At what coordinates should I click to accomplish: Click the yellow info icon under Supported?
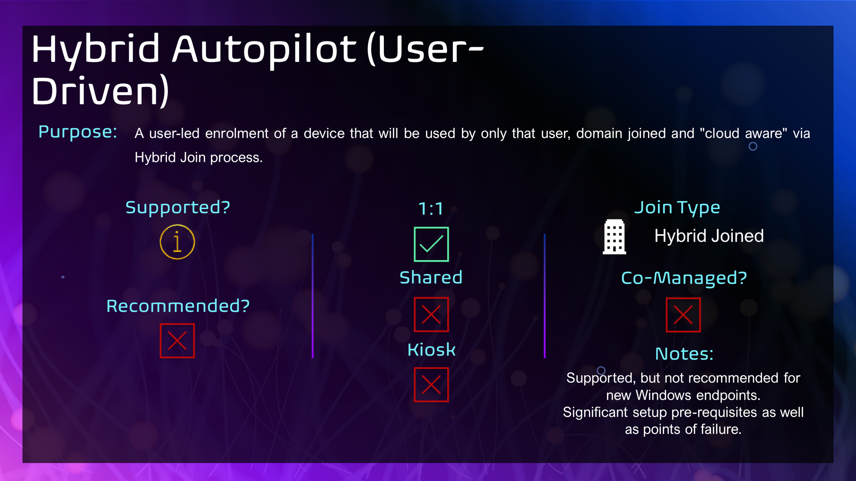(177, 242)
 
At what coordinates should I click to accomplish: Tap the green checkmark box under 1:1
(431, 244)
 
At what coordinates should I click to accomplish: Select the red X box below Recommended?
(177, 341)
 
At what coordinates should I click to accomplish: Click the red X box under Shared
(431, 315)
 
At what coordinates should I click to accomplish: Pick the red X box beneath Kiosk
(431, 385)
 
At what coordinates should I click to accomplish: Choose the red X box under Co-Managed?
(683, 315)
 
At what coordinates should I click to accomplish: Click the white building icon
(614, 237)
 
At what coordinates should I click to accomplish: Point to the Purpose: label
(78, 132)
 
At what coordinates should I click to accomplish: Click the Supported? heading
(178, 208)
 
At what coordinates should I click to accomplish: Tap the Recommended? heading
(178, 306)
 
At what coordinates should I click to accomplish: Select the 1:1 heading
(431, 209)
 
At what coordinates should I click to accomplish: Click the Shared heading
(431, 277)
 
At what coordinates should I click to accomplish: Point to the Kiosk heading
(431, 350)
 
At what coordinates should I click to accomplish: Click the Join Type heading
(677, 208)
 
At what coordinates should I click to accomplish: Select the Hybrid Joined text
(709, 236)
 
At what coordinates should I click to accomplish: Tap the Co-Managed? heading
(684, 278)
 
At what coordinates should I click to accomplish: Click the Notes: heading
(684, 354)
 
